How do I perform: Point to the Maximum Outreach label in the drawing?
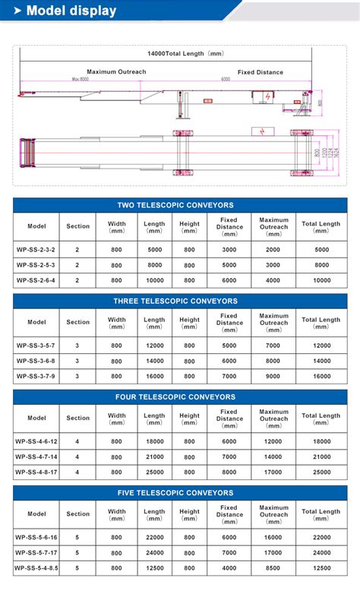(116, 71)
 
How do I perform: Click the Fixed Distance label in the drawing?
(260, 72)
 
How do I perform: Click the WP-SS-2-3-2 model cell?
(36, 250)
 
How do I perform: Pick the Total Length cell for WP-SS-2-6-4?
(321, 280)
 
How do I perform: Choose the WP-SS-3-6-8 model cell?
(36, 361)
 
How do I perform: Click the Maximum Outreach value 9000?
(273, 376)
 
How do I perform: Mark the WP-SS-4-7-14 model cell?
(36, 456)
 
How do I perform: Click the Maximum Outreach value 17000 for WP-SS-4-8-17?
(273, 472)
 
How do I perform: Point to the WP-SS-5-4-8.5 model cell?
(36, 568)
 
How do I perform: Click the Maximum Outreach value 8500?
(273, 568)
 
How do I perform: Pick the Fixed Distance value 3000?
(229, 250)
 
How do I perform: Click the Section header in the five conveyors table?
(77, 514)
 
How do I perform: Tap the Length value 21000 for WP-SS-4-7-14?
(154, 456)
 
